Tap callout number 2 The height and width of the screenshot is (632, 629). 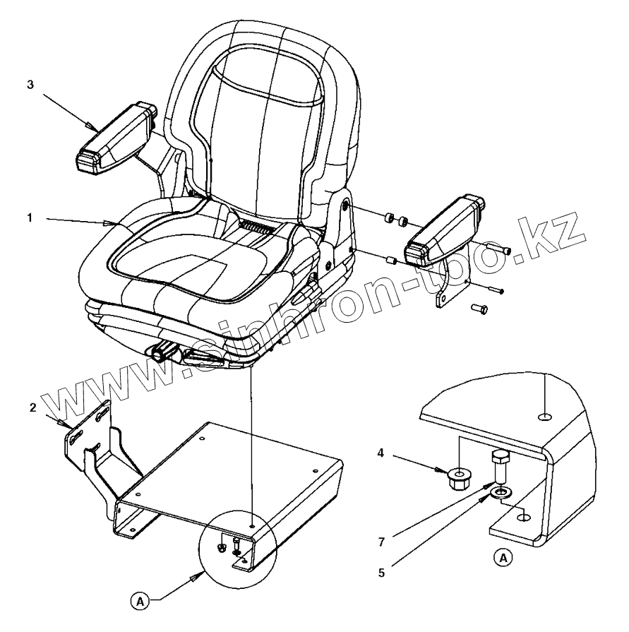(32, 407)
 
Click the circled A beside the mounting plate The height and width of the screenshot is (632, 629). (140, 602)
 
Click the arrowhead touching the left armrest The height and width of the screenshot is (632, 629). (90, 126)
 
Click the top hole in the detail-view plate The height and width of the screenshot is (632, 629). (545, 417)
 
